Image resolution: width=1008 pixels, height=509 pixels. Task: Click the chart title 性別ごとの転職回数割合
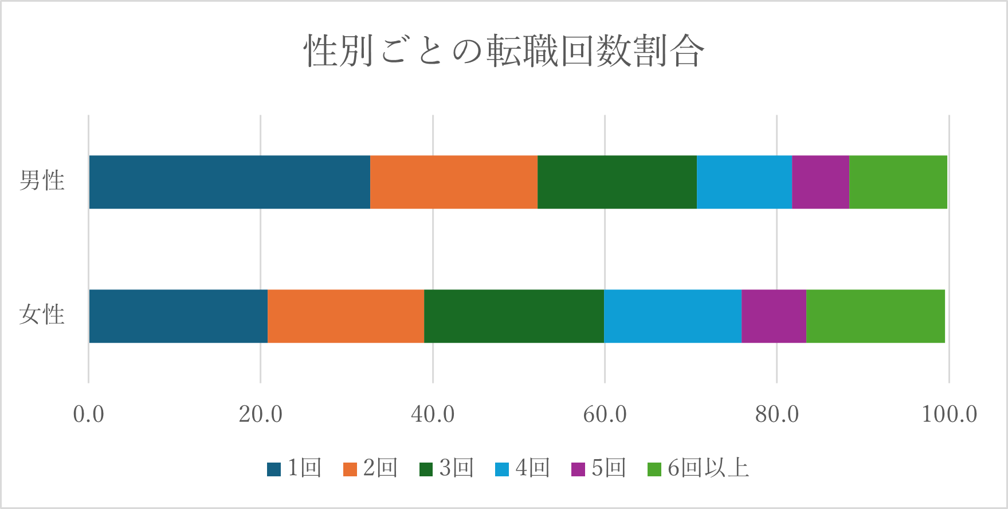click(504, 52)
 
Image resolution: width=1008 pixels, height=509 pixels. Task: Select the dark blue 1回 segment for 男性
click(229, 182)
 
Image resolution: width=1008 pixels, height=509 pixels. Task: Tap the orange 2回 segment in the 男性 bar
click(454, 182)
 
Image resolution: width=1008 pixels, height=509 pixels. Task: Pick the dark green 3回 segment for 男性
click(617, 182)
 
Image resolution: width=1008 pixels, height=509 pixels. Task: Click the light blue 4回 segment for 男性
click(744, 182)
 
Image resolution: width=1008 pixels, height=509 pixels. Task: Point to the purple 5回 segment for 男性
click(821, 182)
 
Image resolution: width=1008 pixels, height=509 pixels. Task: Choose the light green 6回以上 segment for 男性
click(898, 182)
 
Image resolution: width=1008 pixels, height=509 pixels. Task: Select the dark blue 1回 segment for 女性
click(178, 316)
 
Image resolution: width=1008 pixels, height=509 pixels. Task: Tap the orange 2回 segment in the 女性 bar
click(346, 316)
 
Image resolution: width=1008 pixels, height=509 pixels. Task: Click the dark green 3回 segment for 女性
click(514, 316)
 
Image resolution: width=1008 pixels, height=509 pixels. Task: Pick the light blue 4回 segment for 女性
click(673, 316)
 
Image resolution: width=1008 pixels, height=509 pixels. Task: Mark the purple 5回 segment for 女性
click(774, 316)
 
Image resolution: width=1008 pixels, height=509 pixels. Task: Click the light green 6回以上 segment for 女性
click(876, 316)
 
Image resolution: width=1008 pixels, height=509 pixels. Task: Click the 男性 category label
click(42, 181)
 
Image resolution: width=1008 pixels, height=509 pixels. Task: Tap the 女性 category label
click(42, 315)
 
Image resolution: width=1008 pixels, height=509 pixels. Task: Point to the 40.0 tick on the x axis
click(433, 414)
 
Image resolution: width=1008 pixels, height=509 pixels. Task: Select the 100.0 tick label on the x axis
click(949, 414)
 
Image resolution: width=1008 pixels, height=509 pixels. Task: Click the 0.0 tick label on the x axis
click(89, 414)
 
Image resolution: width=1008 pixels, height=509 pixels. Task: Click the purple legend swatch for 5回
click(578, 469)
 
